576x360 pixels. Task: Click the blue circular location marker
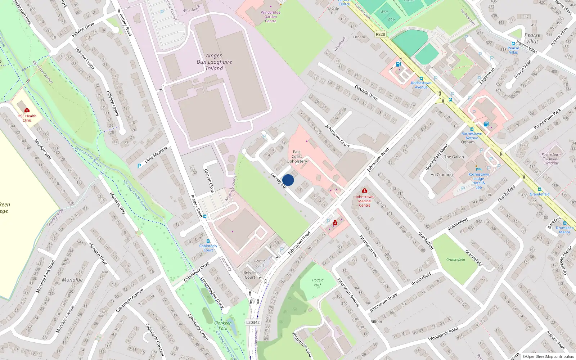pos(288,180)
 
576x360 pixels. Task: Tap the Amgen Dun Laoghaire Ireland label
pos(214,62)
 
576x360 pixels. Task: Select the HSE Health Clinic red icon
pos(27,110)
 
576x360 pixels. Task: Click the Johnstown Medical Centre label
pos(364,201)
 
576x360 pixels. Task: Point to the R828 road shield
pos(380,35)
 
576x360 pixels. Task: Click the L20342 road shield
pos(253,322)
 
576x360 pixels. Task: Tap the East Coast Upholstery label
pos(297,157)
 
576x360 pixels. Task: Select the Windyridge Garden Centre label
pos(270,17)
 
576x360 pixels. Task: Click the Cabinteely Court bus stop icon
pos(208,241)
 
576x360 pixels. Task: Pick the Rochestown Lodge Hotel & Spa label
pos(478,181)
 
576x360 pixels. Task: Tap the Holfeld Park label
pos(318,282)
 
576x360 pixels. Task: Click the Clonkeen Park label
pos(223,325)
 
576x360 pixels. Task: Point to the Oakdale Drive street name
pos(366,93)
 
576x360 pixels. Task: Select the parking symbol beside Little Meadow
pos(139,166)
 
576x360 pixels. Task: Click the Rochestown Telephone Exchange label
pos(551,159)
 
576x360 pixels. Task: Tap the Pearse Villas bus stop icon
pos(513,44)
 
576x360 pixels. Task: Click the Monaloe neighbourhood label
pos(72,280)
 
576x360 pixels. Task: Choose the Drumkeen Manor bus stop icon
pos(564,223)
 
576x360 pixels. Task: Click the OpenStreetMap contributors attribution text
pos(548,356)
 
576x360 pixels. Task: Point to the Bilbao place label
pos(376,321)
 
